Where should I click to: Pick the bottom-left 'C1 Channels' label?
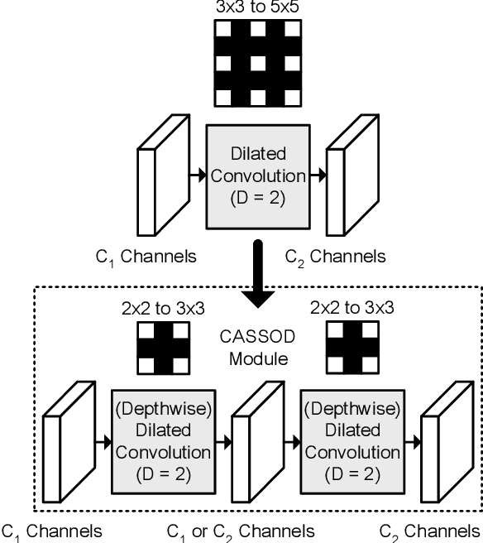point(52,531)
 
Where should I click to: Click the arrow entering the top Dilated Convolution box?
point(197,175)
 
